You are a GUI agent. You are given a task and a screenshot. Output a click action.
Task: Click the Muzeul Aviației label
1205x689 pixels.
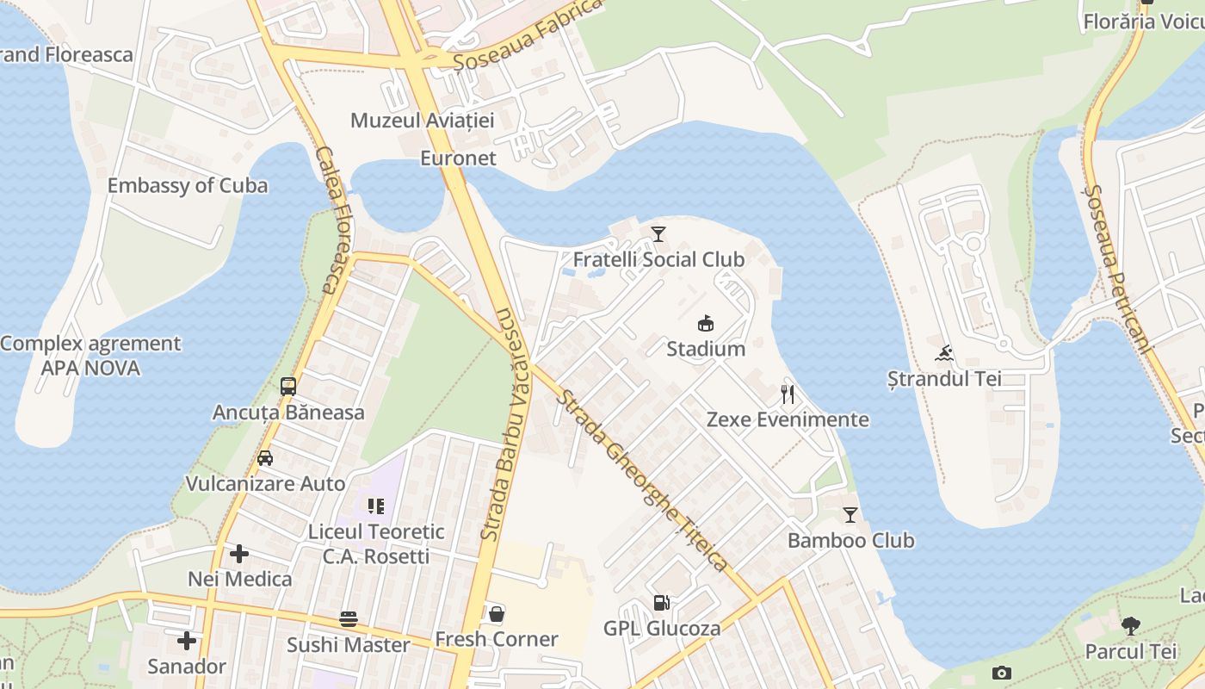422,121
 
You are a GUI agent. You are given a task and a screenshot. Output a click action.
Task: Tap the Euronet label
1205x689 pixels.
458,158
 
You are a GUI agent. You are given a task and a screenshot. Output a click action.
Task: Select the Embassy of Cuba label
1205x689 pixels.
187,186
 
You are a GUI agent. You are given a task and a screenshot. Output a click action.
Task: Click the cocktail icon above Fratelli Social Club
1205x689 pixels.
658,233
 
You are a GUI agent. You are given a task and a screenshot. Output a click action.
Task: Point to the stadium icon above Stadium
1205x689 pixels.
706,324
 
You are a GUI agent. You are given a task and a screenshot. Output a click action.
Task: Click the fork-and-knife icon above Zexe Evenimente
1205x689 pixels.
787,394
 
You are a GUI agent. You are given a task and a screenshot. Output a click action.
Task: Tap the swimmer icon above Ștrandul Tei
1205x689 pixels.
944,353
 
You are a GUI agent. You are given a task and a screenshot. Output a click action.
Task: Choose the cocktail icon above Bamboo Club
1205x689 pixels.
850,515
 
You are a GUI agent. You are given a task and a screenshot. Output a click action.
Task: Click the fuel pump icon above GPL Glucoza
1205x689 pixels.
661,603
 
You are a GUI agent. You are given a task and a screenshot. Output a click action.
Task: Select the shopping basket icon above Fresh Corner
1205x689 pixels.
497,614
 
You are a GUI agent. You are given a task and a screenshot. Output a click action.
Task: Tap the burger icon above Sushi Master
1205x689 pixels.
349,619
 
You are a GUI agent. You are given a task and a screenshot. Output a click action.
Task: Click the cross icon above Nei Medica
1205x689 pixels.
239,554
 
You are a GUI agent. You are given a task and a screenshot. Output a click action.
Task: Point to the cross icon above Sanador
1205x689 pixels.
186,641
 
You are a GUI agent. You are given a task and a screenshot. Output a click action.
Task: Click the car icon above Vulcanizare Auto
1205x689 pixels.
265,458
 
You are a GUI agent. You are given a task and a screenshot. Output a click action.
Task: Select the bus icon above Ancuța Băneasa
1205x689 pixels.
288,387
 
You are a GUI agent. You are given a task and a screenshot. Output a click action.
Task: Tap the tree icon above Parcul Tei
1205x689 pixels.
1130,625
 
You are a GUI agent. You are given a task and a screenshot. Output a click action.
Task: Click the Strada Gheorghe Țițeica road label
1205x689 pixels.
643,481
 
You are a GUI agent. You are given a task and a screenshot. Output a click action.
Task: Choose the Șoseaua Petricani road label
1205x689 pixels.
1116,269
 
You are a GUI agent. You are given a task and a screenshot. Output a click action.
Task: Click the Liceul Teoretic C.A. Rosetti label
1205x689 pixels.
376,543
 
